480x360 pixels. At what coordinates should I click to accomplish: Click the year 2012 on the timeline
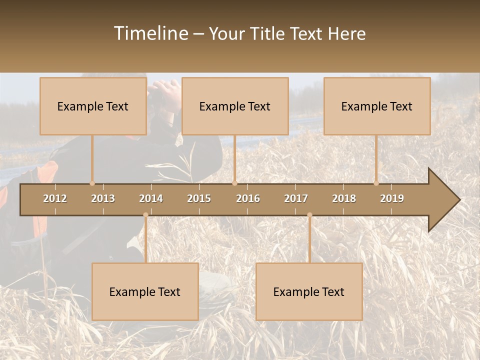point(55,198)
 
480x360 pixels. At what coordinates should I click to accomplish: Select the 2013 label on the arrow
point(103,198)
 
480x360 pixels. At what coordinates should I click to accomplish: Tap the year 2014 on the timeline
point(151,198)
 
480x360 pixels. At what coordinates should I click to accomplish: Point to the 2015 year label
point(199,198)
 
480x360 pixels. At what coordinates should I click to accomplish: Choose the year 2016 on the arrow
point(248,198)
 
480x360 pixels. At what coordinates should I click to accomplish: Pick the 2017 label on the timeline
point(296,198)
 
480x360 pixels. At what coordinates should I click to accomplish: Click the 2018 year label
point(344,198)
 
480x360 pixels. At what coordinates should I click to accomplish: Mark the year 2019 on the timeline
point(392,198)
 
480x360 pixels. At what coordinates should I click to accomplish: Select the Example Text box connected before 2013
point(93,106)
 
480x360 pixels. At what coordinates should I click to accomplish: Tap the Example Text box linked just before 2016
point(235,106)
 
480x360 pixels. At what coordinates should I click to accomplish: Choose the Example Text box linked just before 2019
point(377,106)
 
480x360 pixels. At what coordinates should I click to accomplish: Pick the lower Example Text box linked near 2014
point(145,291)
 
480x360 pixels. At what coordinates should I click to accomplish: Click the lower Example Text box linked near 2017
point(309,291)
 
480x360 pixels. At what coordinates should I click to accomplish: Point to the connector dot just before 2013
point(92,183)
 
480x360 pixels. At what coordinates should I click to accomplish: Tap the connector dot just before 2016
point(234,183)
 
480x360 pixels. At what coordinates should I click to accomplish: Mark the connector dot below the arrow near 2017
point(309,215)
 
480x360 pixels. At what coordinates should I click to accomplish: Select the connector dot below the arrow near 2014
point(145,215)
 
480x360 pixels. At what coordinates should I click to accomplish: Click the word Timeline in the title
point(150,33)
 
